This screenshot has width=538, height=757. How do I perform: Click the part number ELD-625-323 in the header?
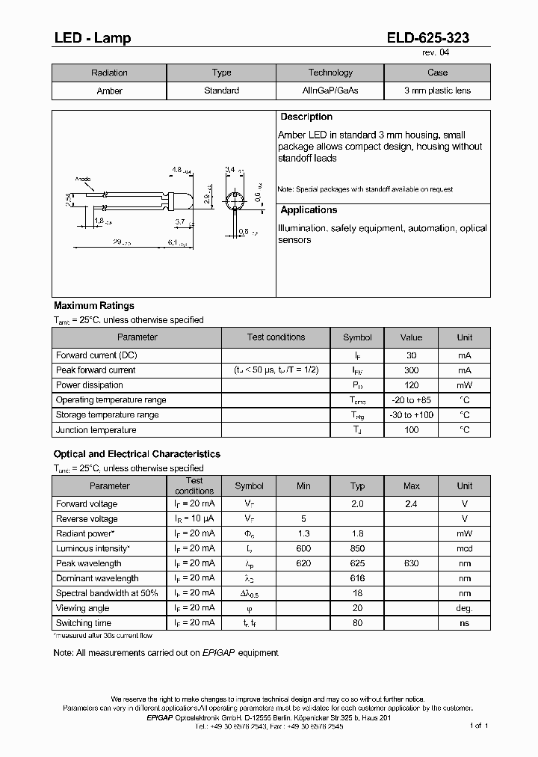point(428,38)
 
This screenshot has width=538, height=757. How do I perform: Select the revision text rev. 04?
point(436,52)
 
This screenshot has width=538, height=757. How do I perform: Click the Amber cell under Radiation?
point(109,91)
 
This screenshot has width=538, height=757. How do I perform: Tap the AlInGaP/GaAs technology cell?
point(330,91)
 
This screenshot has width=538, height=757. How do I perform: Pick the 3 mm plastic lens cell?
point(437,91)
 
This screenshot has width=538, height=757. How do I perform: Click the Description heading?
point(306,117)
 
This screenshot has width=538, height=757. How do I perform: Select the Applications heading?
point(309,211)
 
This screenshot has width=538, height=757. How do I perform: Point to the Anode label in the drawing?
point(83,180)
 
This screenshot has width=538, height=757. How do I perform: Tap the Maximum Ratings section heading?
point(94,306)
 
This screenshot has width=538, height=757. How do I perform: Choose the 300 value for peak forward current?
point(411,370)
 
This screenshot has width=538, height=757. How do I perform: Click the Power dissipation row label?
point(90,385)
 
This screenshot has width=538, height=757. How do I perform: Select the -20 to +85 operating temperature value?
point(411,400)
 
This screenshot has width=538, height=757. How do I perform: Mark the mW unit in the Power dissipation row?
point(464,385)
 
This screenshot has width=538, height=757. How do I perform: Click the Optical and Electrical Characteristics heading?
point(137,454)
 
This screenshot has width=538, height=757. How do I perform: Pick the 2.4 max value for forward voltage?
point(411,504)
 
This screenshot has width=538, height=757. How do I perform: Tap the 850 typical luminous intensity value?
point(357,549)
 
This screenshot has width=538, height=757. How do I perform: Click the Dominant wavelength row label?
point(97,578)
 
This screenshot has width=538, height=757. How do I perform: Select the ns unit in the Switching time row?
point(464,623)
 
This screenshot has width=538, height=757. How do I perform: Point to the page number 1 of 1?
point(478,726)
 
